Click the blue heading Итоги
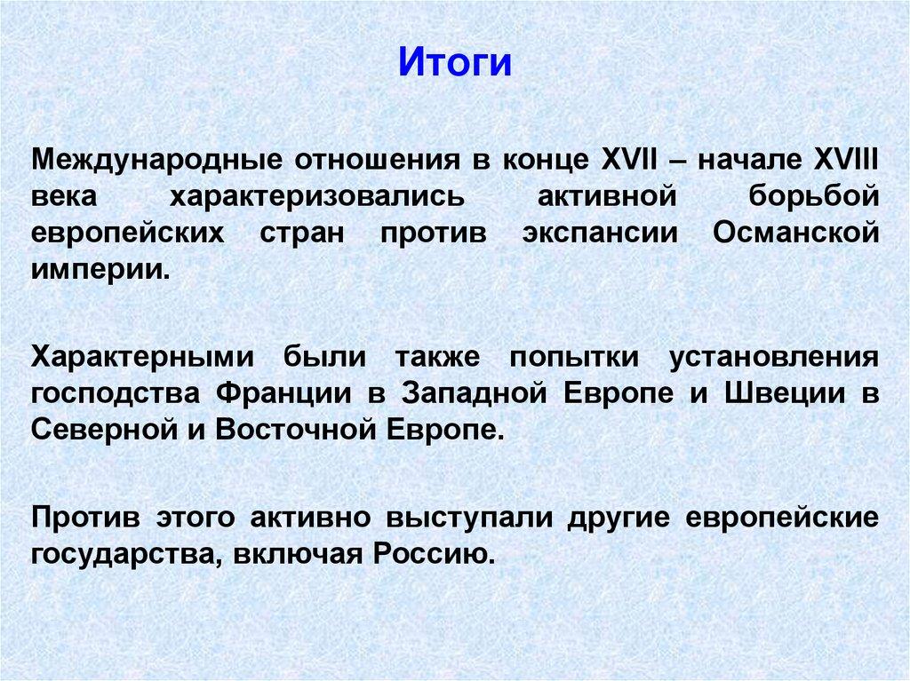pos(454,64)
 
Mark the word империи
pos(99,268)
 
